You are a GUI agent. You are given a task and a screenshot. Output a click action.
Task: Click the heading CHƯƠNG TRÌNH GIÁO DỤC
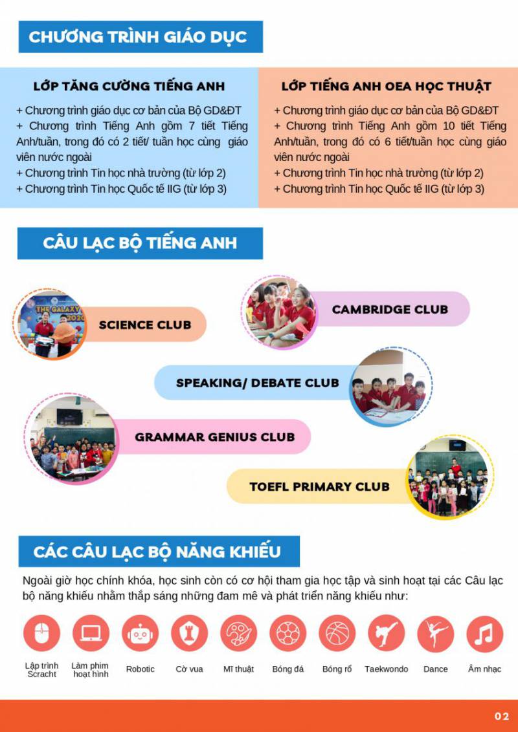coord(138,36)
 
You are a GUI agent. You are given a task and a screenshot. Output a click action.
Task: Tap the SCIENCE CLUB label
coord(145,325)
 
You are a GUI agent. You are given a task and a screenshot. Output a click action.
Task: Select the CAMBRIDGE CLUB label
coord(390,309)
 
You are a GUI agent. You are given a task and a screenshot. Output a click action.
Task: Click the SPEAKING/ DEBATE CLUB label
coord(258,383)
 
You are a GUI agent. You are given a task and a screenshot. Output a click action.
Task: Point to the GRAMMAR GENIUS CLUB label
coord(214,436)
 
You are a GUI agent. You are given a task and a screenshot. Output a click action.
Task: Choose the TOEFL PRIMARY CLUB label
coord(319,486)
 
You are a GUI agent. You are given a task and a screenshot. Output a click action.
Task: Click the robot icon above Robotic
coord(140,633)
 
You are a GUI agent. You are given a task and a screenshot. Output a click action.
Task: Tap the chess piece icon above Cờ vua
coord(189,633)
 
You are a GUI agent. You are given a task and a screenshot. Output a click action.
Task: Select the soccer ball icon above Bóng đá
coord(287,633)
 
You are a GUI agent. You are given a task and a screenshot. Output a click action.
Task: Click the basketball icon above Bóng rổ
coord(337,633)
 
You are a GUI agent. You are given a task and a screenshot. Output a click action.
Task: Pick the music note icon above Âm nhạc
coord(484,633)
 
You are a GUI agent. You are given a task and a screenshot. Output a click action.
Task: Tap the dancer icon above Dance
coord(435,633)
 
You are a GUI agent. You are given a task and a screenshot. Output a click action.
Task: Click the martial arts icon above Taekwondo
coord(386,633)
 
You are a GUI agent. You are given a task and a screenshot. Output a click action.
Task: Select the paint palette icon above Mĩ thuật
coord(238,633)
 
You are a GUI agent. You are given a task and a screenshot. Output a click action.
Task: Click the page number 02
coord(502,716)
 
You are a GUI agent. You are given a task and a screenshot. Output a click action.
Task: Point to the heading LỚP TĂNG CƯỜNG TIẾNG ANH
coord(129,86)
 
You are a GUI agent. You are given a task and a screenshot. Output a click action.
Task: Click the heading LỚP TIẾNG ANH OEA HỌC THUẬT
coord(386,86)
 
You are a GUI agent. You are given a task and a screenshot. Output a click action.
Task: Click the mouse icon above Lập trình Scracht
coord(41,633)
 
